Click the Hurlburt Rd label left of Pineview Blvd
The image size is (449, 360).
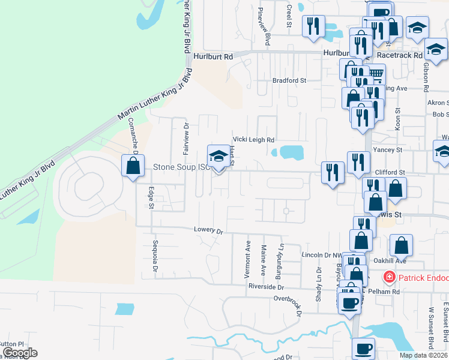pyautogui.click(x=213, y=56)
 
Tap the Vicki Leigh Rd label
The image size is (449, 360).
pyautogui.click(x=253, y=138)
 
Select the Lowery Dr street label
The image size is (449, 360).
pyautogui.click(x=208, y=230)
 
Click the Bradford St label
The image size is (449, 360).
pyautogui.click(x=289, y=80)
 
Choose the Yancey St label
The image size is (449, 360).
pyautogui.click(x=387, y=149)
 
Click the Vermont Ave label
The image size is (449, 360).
pyautogui.click(x=247, y=259)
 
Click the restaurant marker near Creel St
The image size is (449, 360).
pyautogui.click(x=313, y=26)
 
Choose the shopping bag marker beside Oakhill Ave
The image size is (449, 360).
pyautogui.click(x=401, y=245)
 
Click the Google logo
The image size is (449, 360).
pyautogui.click(x=19, y=353)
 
